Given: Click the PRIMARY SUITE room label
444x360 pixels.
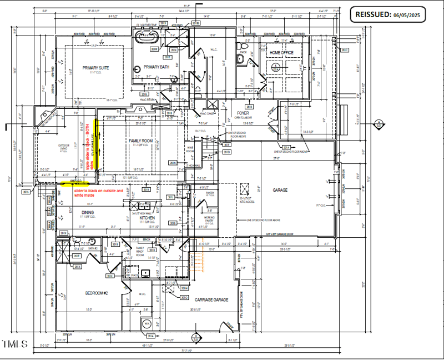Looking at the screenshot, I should (x=95, y=68).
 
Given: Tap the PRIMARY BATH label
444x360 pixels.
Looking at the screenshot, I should (x=156, y=67).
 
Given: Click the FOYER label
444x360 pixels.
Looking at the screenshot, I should (x=243, y=113).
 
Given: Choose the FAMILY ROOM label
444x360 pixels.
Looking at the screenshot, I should (x=140, y=141).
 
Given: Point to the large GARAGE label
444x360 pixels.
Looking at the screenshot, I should (x=280, y=189).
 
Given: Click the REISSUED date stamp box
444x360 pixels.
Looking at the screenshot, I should (x=387, y=16).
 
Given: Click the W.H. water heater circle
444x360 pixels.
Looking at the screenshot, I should (x=147, y=323).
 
